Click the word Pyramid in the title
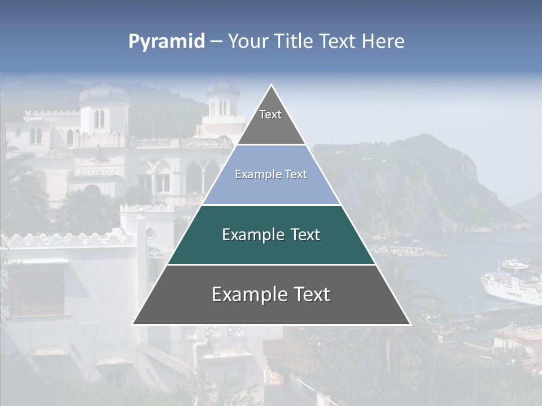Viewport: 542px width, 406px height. click(166, 42)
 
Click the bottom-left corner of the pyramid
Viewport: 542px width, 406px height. click(133, 324)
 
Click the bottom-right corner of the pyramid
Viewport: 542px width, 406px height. click(410, 324)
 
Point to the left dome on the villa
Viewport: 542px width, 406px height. click(103, 93)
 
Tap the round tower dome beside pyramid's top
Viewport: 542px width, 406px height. click(223, 89)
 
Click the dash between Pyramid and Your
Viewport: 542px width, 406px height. click(216, 42)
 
